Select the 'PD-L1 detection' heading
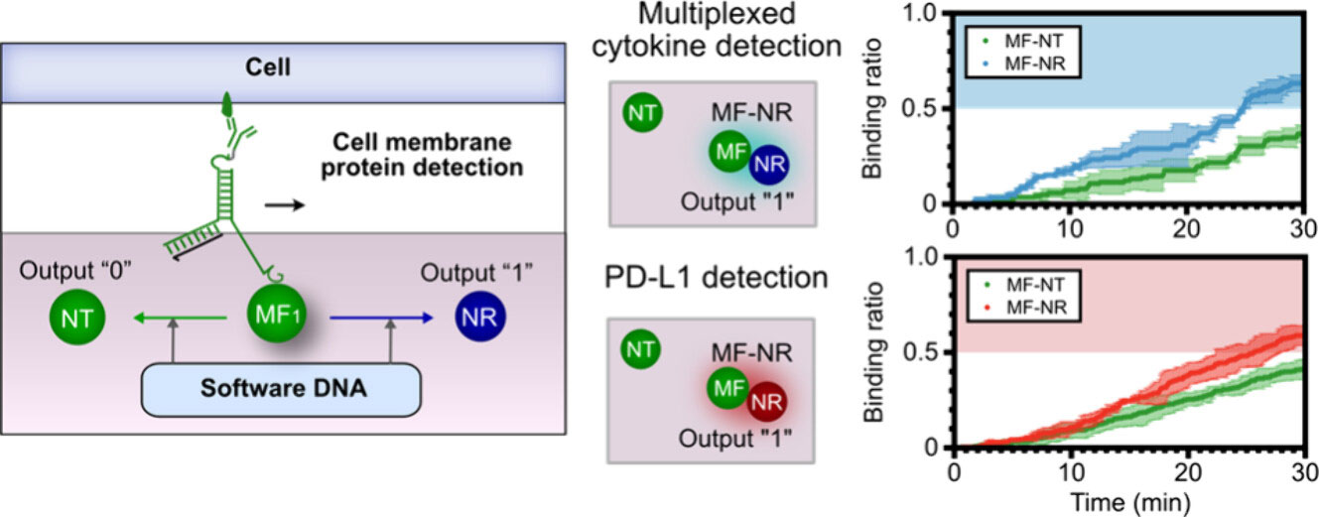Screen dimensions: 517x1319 tap(715, 277)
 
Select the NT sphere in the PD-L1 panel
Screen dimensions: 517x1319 tap(641, 349)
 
